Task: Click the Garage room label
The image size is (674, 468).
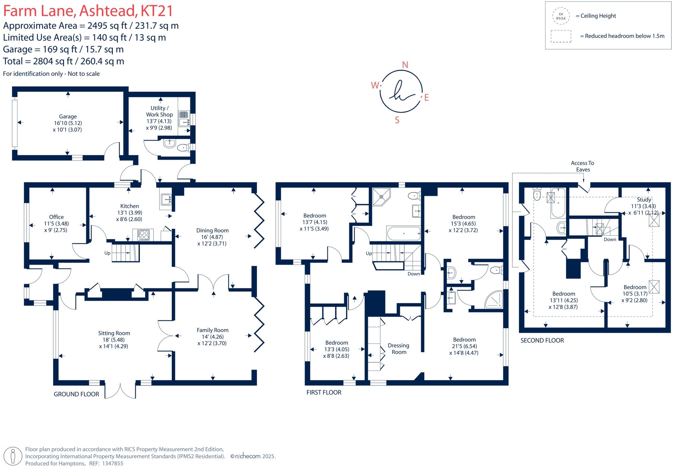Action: point(68,117)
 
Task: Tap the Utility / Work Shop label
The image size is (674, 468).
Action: point(159,111)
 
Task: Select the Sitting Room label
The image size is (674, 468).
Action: point(114,333)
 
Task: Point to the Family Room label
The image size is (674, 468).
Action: point(212,330)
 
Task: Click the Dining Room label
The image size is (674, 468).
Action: point(212,230)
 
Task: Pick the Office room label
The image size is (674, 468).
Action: point(56,217)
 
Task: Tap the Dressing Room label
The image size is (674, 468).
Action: point(399,349)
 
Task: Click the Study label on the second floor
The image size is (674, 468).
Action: point(644,199)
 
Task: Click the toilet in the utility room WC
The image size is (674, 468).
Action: point(183,148)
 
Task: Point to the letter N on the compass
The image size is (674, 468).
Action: point(405,65)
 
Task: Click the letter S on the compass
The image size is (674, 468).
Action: point(397,120)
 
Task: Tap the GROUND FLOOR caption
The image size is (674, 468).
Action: point(76,394)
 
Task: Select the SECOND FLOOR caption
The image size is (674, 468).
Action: point(542,340)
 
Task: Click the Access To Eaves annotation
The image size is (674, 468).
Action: point(583,166)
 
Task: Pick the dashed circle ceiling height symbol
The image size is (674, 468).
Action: point(561,16)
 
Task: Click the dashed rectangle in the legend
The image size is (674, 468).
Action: point(561,36)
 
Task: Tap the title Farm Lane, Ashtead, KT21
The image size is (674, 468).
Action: point(88,11)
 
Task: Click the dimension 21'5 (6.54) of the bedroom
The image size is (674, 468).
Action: point(464,346)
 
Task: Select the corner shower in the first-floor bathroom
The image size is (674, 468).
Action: point(381,196)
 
